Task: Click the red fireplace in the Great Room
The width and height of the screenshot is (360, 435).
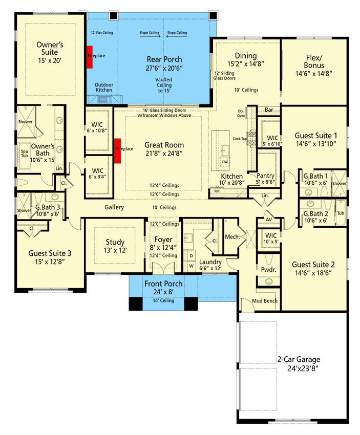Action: click(x=118, y=150)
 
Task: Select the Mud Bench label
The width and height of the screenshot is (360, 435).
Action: click(x=265, y=300)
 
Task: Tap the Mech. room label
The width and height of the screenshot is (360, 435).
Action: click(x=232, y=237)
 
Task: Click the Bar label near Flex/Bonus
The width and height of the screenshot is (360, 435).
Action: click(x=269, y=110)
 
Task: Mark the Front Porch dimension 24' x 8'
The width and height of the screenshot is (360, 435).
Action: click(x=163, y=292)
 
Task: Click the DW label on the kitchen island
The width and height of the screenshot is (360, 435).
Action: click(x=224, y=162)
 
